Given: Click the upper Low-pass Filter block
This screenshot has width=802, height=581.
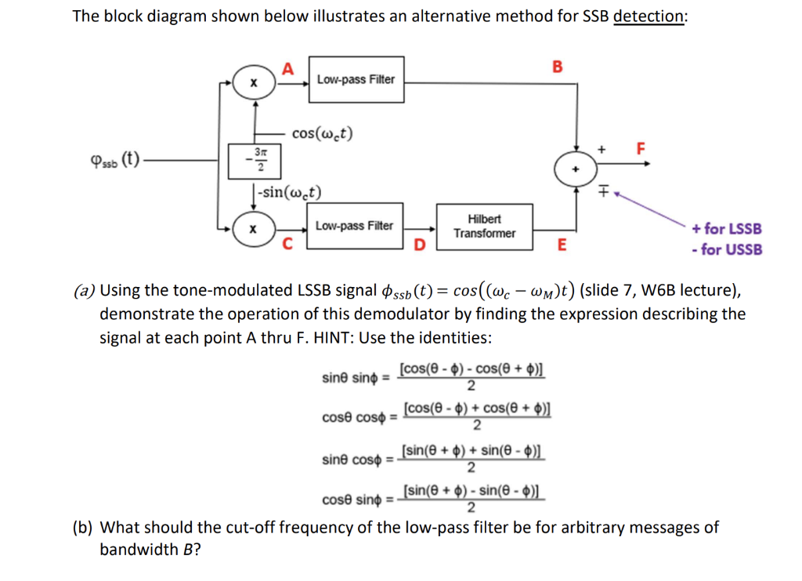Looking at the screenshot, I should (356, 79).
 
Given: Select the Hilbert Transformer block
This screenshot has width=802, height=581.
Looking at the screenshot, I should (484, 226).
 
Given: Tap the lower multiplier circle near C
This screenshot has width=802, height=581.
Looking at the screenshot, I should (253, 227).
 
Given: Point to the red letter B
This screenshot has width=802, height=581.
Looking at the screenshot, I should (558, 66).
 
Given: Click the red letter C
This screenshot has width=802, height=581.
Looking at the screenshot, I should (288, 244).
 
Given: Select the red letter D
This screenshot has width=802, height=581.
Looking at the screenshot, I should (419, 247).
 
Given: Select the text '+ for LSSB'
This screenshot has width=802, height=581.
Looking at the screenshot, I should (726, 229).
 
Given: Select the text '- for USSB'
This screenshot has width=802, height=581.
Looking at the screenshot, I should (726, 249).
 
